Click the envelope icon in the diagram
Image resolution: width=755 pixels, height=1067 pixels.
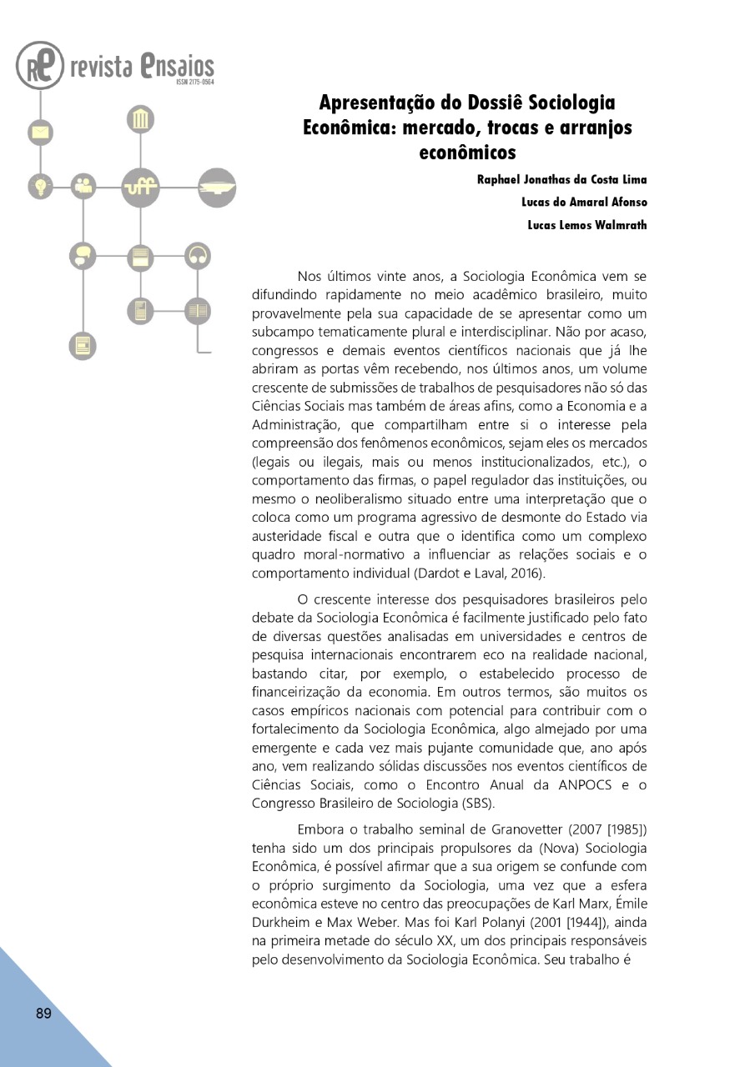(39, 132)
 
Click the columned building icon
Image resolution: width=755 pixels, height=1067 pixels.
(140, 120)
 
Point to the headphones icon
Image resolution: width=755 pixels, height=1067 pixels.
(198, 255)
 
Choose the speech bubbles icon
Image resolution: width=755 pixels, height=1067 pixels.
(83, 255)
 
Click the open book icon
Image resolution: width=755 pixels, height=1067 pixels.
(198, 311)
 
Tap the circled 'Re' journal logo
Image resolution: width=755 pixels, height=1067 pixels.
(39, 66)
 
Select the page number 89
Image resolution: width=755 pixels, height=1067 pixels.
(43, 1014)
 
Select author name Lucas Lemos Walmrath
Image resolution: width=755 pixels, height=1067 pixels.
(586, 224)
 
